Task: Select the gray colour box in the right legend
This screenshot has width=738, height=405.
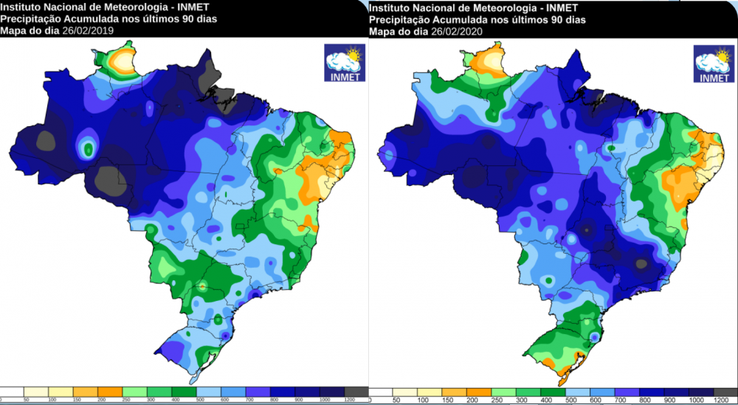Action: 726,390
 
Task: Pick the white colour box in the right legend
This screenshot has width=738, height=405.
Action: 380,390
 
